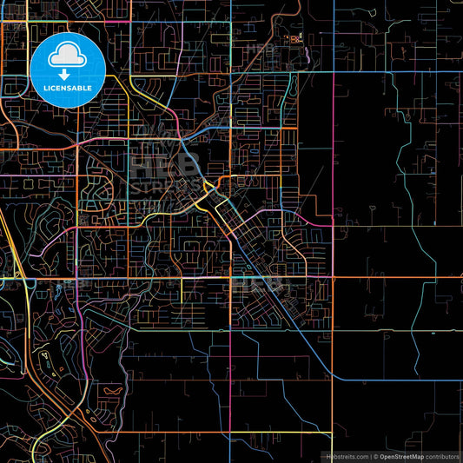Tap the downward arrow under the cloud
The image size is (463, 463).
tap(66, 75)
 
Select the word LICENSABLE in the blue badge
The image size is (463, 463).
tap(66, 88)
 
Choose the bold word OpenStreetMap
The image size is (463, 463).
tap(403, 456)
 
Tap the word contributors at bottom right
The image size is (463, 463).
tap(442, 456)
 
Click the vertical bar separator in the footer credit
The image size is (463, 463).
tap(371, 456)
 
